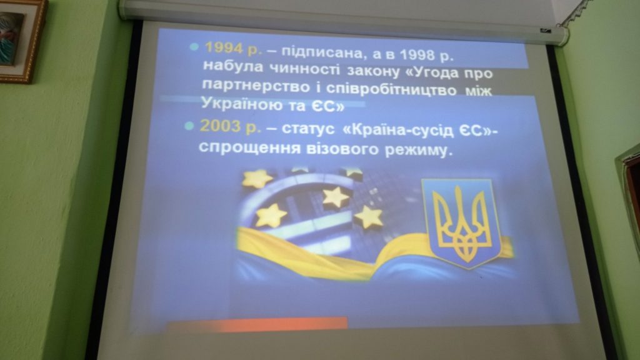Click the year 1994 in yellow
coord(224,48)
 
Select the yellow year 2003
coord(220,126)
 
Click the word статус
coord(308,129)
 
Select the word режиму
coord(419,151)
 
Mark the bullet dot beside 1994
coord(194,47)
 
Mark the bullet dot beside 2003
coord(189,126)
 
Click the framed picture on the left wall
coord(21,40)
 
